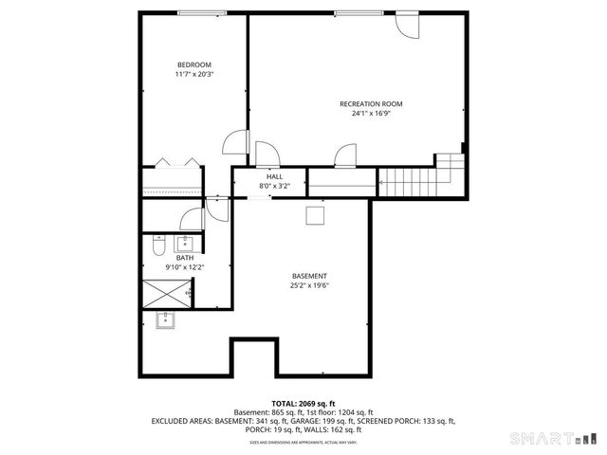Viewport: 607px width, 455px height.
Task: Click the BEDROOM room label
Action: pos(194,64)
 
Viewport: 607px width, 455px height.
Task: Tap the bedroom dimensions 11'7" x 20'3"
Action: pos(194,74)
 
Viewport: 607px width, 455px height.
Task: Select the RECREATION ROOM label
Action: pos(371,103)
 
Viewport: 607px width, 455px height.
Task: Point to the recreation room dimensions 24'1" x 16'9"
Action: pos(371,113)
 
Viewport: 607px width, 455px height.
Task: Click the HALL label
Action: pos(274,176)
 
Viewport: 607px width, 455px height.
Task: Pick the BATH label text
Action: pos(184,257)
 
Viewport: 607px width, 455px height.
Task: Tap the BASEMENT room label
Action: pos(309,276)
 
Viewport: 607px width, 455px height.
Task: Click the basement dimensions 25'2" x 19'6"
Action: pos(309,285)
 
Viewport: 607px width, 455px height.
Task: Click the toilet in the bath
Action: pos(158,247)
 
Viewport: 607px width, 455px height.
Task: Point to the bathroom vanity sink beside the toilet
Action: pos(186,243)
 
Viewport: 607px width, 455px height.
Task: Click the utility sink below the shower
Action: pos(167,319)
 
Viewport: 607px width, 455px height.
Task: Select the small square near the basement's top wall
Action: pos(314,216)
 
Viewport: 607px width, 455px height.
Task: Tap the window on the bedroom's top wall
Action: pos(194,12)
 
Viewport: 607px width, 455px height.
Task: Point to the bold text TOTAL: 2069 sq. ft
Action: pos(303,404)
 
